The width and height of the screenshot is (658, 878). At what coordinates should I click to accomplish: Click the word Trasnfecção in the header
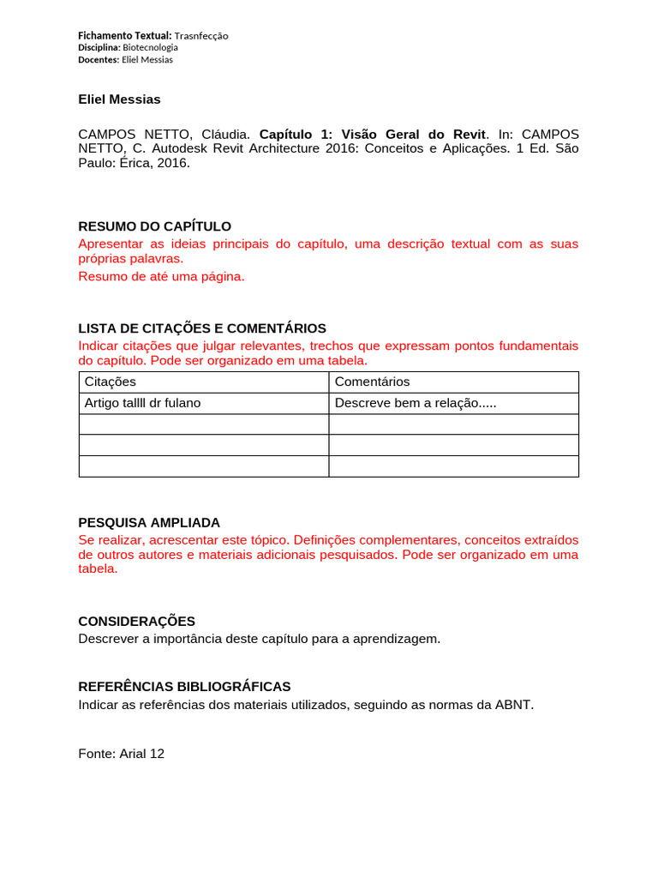pos(201,36)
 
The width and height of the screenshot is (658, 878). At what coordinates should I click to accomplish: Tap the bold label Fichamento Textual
pos(124,36)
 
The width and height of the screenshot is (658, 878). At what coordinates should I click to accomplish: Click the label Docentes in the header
pos(99,59)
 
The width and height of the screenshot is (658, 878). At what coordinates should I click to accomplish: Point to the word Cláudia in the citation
pos(226,135)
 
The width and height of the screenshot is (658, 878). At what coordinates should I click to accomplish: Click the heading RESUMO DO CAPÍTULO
pos(154,226)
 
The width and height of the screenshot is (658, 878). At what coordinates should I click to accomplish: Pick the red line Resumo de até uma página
pos(161,276)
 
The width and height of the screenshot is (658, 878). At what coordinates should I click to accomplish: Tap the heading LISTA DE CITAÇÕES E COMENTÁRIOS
pos(202,328)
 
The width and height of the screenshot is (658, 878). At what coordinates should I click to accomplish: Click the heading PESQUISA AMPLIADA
pos(149,522)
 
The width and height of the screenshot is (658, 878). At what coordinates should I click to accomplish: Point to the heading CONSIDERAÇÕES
pos(136,621)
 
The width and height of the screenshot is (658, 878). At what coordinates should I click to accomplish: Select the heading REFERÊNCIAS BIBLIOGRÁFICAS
pos(184,687)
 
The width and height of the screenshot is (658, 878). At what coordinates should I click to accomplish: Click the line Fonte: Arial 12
pos(121,754)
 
